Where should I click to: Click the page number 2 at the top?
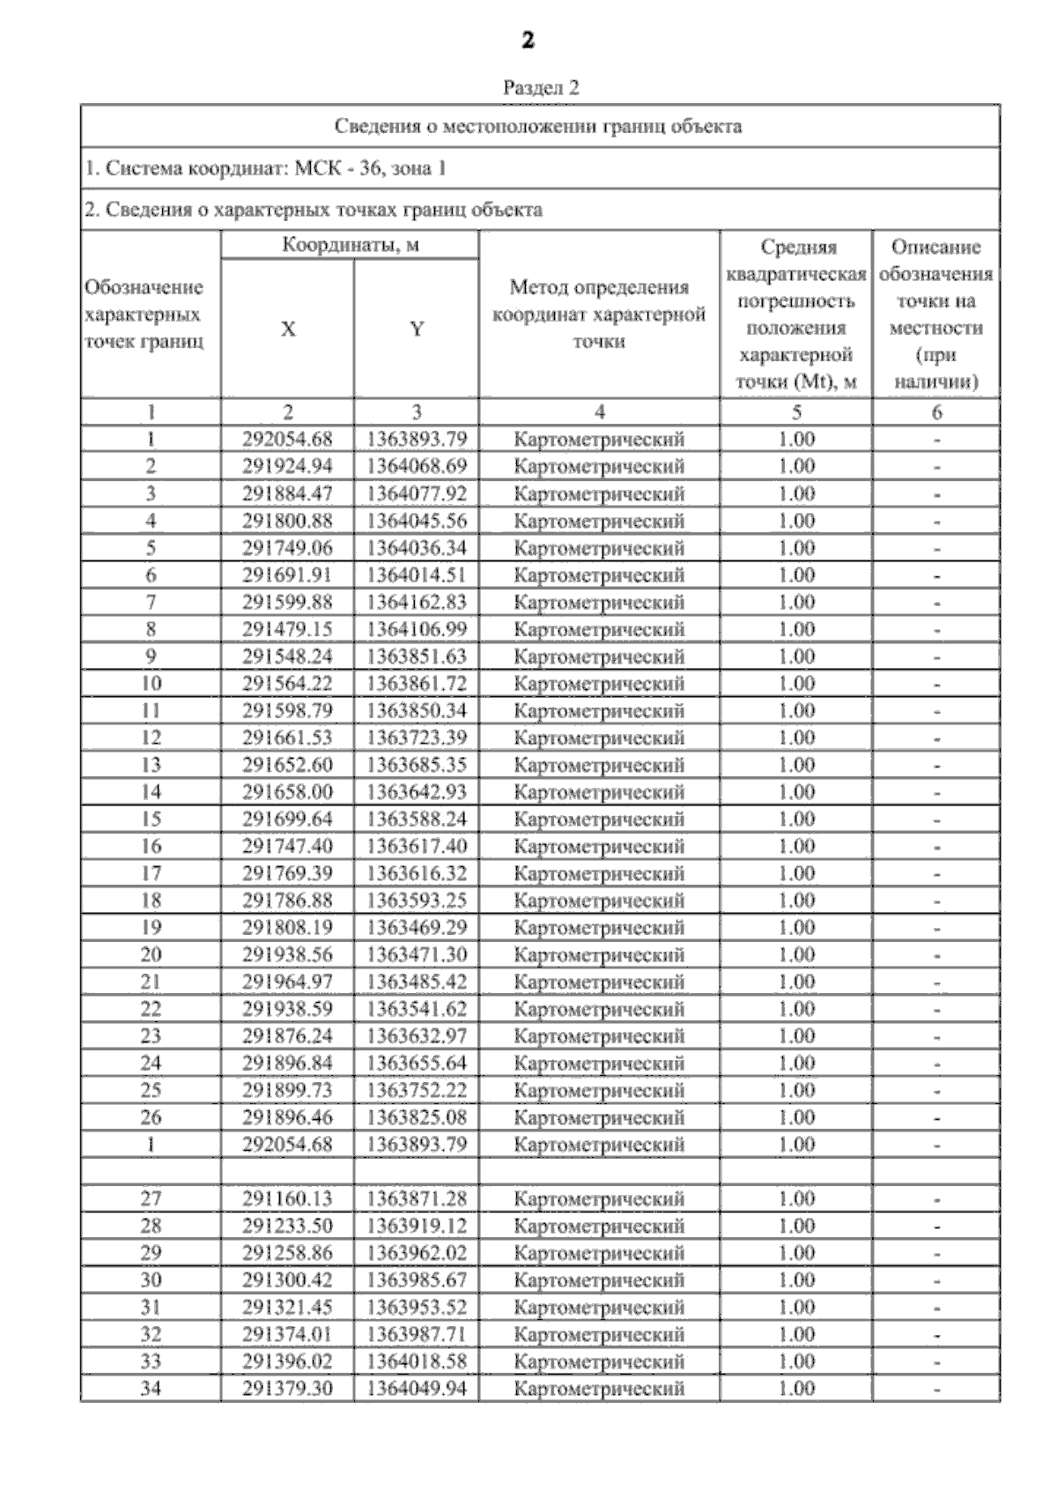[528, 41]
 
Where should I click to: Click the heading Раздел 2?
[541, 88]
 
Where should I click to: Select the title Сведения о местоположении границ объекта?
[538, 126]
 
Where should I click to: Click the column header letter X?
[288, 330]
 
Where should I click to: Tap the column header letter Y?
[417, 330]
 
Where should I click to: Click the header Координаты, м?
[350, 245]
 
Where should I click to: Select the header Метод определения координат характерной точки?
[599, 315]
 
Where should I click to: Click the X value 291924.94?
[288, 466]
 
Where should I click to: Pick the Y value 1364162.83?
[417, 603]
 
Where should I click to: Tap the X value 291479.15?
[288, 629]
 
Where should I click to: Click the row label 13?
[151, 765]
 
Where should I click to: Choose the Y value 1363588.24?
[417, 819]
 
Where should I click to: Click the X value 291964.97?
[288, 982]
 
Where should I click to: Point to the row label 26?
[151, 1117]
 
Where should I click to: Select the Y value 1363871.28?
[417, 1199]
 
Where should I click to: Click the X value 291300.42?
[288, 1280]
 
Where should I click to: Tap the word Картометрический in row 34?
[599, 1389]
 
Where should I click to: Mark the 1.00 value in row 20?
[796, 955]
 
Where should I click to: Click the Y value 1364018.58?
[417, 1361]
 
